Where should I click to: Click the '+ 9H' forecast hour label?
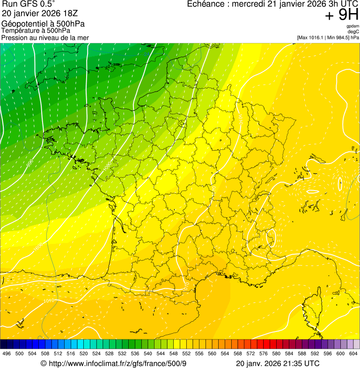(341, 16)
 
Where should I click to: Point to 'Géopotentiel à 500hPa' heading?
(43, 23)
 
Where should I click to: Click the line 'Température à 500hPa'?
(36, 30)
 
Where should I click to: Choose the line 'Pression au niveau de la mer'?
(45, 37)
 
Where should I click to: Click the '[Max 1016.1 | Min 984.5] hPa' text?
(328, 37)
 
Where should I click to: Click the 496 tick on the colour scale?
(7, 354)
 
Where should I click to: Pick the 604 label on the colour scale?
(353, 354)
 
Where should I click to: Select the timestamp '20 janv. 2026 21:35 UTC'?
(278, 363)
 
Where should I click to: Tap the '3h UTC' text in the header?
(344, 4)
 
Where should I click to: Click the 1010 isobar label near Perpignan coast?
(185, 284)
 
